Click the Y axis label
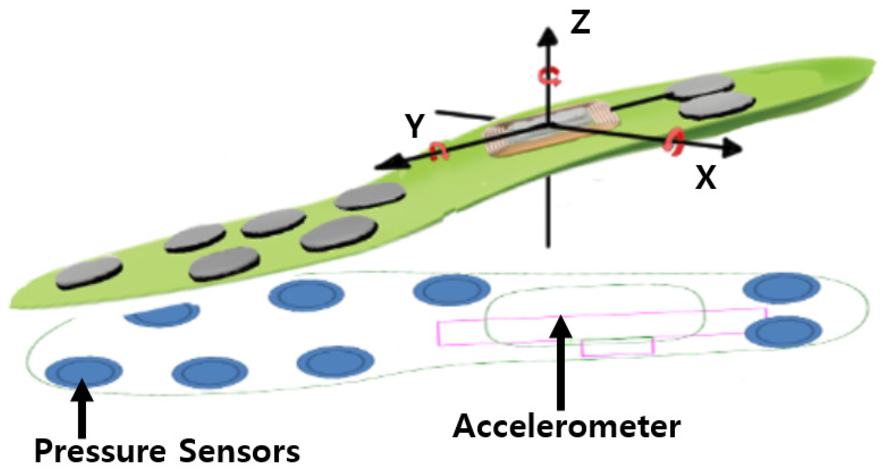point(414,126)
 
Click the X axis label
point(706,177)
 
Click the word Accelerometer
point(566,426)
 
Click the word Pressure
point(100,452)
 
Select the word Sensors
point(239,452)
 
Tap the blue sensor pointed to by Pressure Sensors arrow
point(83,371)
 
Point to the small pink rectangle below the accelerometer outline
point(617,347)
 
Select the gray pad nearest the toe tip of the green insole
point(89,272)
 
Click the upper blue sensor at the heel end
point(781,288)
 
